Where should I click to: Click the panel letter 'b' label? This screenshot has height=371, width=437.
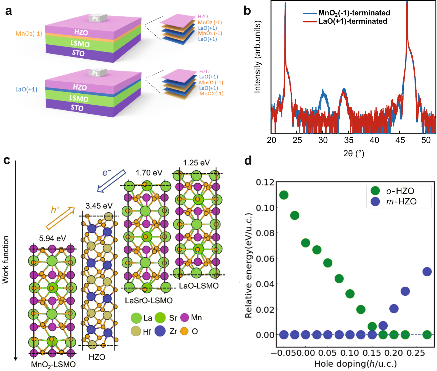click(x=247, y=11)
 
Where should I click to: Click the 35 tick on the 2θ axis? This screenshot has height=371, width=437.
click(x=349, y=140)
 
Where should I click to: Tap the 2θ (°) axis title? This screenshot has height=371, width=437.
click(x=354, y=153)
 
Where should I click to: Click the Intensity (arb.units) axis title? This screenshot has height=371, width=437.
click(x=257, y=57)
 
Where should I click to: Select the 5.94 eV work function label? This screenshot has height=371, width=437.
click(x=53, y=238)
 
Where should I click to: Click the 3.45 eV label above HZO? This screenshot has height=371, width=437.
click(x=99, y=206)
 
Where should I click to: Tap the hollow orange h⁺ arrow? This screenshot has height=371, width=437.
click(x=60, y=218)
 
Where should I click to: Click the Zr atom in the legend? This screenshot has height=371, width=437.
click(x=160, y=331)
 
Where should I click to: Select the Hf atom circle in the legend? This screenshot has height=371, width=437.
click(x=136, y=331)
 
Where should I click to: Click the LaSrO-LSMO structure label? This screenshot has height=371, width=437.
click(x=149, y=300)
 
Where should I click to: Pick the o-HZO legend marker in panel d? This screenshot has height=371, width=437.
click(x=375, y=191)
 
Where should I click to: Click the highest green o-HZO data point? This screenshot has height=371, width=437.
click(x=284, y=195)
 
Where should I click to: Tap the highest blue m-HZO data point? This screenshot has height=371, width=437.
click(x=427, y=272)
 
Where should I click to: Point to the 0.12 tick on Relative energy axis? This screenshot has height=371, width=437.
click(x=265, y=182)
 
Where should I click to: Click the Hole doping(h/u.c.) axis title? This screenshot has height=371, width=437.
click(x=355, y=364)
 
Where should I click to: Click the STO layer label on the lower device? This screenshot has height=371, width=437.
click(x=77, y=108)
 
